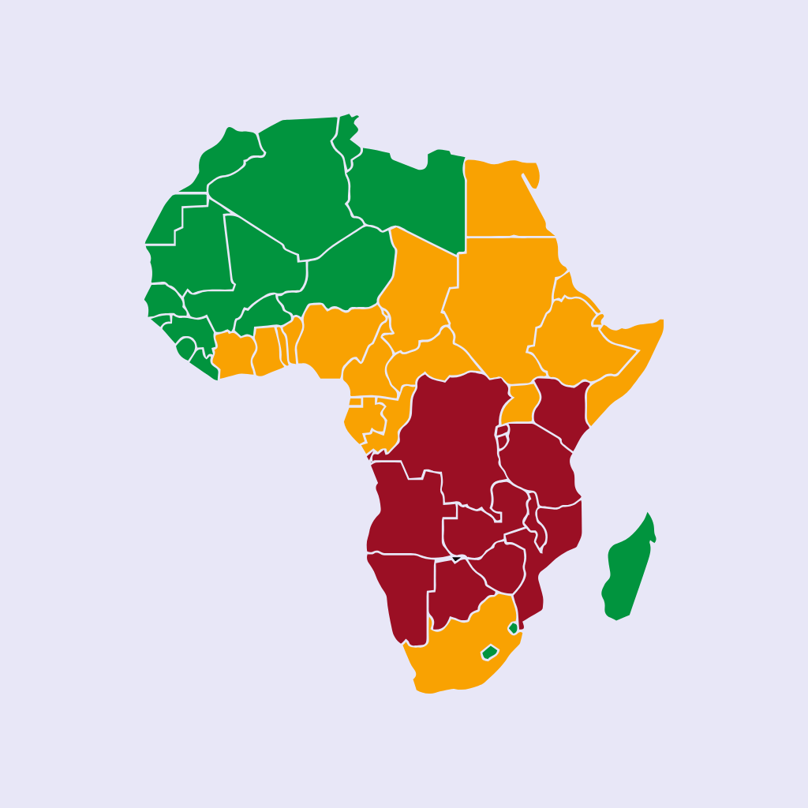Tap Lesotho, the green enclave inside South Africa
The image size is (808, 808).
[490, 653]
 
